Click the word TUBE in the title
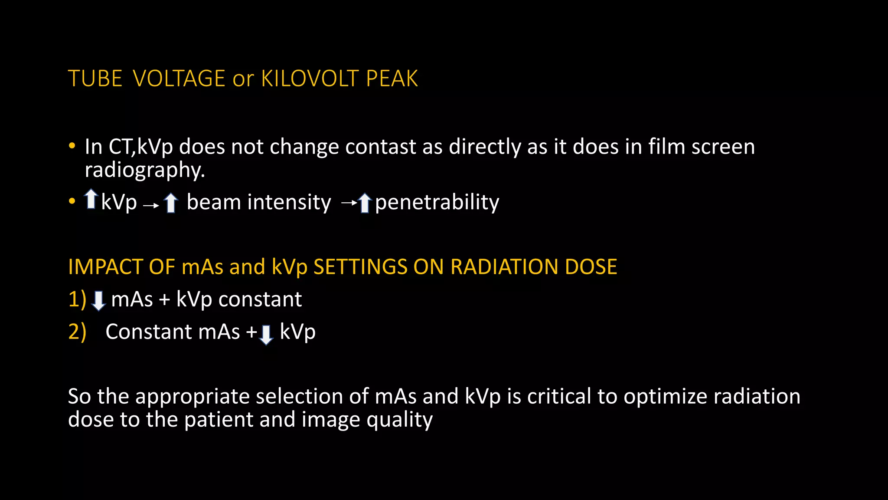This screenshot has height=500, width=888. (95, 79)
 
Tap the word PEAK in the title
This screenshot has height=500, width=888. (392, 79)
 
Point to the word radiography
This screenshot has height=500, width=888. (144, 170)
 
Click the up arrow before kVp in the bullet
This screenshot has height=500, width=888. (91, 199)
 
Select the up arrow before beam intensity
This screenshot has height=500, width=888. (171, 202)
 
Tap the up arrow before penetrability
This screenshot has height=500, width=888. (365, 203)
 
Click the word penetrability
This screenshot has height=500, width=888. (437, 203)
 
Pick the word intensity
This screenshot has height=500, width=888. (289, 202)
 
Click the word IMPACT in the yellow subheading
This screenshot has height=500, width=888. (105, 267)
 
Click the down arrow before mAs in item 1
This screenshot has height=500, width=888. (99, 300)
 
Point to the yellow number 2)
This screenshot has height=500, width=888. (77, 332)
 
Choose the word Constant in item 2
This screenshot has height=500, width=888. (149, 332)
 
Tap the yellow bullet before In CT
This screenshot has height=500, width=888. (72, 146)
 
